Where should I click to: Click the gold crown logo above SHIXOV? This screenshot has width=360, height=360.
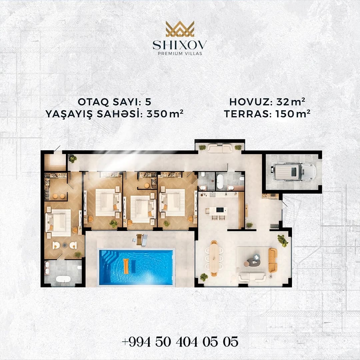point(180,29)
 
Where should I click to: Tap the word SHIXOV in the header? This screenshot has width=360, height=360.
point(180,45)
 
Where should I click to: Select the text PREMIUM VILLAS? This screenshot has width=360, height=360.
point(180,53)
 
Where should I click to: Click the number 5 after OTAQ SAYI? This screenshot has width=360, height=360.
point(148,102)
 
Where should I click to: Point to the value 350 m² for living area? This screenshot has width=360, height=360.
point(165,113)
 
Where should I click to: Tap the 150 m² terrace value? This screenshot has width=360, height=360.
point(293,113)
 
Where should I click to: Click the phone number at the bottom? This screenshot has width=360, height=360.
point(180,342)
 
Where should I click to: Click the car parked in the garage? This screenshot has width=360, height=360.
point(293,172)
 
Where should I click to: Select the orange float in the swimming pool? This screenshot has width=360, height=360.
point(126,266)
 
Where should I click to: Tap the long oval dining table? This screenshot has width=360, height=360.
point(214,258)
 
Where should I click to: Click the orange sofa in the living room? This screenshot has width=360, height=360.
point(273,260)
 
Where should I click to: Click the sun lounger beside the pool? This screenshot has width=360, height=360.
point(144,240)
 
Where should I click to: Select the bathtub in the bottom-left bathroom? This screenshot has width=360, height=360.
point(63,279)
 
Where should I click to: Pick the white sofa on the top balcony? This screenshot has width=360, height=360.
point(220,148)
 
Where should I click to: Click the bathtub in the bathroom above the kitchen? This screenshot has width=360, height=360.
point(220,182)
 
